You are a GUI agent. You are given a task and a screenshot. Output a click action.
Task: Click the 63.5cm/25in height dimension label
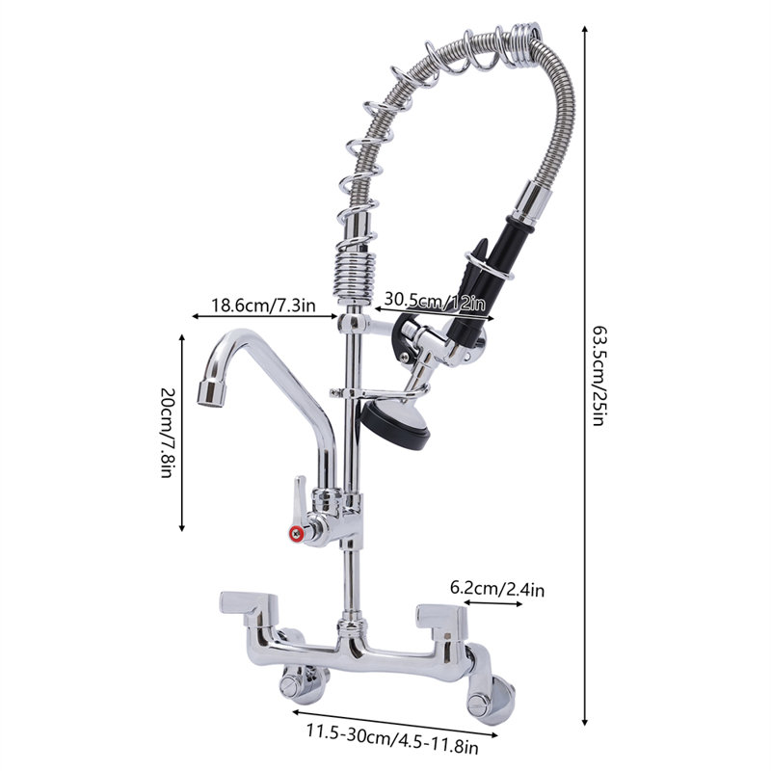(x=598, y=377)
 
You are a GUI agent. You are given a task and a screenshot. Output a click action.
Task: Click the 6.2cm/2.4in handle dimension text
(x=496, y=588)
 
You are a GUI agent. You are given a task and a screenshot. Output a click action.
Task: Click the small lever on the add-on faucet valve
(x=301, y=491)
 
